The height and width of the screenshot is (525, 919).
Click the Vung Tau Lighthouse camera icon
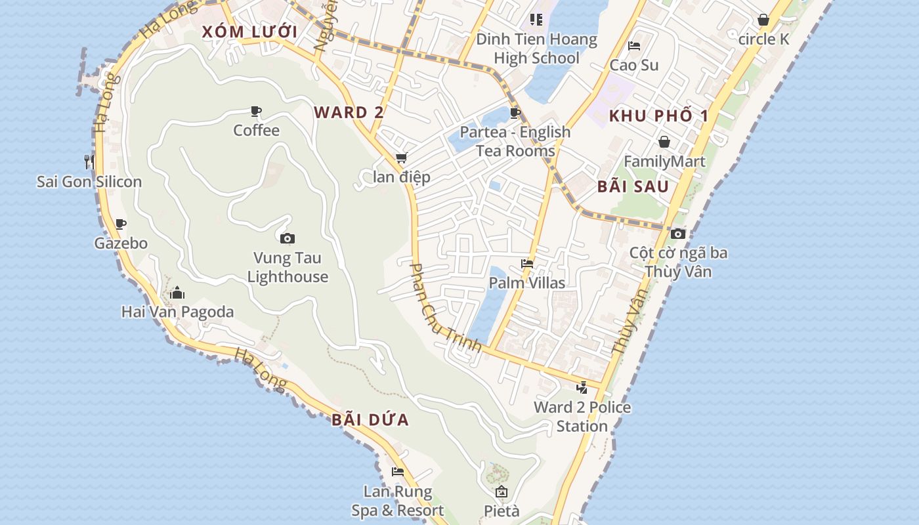point(287,238)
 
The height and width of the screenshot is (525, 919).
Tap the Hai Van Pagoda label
point(177,312)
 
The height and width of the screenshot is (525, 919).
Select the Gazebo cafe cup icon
point(121,224)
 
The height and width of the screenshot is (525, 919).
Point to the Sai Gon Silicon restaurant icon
point(89,161)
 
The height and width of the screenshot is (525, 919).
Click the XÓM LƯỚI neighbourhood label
point(249,31)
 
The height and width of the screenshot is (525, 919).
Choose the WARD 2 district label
point(349,112)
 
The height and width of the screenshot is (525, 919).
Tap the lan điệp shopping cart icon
point(401,158)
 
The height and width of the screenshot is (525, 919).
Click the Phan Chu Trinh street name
point(446,307)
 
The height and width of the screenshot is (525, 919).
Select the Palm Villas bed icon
point(527,264)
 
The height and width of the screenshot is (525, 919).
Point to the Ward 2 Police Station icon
point(582,388)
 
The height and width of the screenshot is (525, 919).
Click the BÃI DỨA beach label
point(370,420)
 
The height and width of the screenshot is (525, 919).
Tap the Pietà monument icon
point(502,492)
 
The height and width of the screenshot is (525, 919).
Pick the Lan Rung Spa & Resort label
point(398,501)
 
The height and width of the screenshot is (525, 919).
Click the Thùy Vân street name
point(630,322)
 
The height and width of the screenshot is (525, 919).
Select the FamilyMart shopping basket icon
point(664,142)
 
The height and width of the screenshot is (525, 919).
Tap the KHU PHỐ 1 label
point(659,116)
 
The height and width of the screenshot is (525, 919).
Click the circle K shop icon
point(763,20)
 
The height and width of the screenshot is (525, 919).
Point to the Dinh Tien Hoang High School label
point(537,49)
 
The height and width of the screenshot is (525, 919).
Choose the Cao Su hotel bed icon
point(634,46)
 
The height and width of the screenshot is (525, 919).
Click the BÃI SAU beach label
point(633,186)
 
